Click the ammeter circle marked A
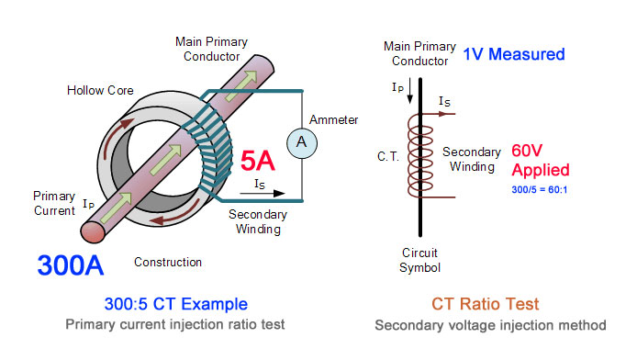[302, 143]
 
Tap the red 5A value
[258, 161]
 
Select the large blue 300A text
[71, 265]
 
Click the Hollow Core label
[100, 90]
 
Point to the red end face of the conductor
[93, 232]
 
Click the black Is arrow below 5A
[263, 194]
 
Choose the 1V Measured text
[514, 54]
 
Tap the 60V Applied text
[541, 161]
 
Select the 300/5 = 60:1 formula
[540, 190]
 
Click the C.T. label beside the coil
[388, 156]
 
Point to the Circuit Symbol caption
[419, 260]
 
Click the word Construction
[168, 262]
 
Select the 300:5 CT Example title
[176, 304]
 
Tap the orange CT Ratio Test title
[485, 304]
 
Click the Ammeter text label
[333, 120]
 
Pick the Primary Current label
[54, 203]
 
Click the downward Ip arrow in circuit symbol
[410, 90]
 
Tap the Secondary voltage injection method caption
[490, 325]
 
